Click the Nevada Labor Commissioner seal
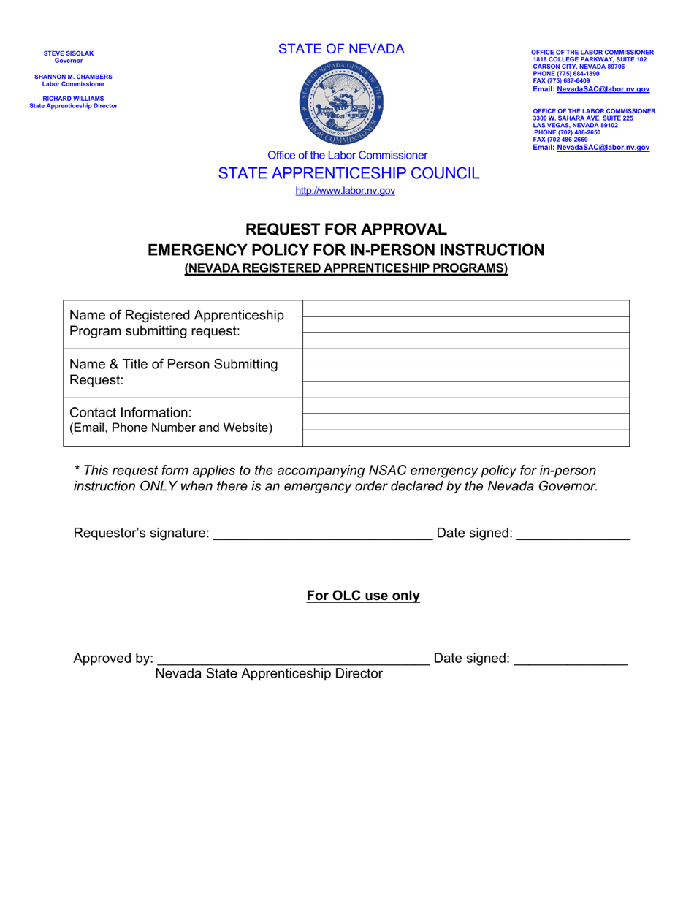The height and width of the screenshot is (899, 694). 340,103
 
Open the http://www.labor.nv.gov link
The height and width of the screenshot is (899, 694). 345,191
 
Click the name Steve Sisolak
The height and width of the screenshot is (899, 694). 69,53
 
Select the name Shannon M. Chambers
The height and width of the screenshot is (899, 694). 73,77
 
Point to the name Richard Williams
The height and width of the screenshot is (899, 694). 73,99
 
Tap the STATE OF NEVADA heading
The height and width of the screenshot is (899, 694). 340,49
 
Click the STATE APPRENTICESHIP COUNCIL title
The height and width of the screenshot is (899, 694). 348,173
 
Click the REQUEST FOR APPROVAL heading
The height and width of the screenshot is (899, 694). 346,230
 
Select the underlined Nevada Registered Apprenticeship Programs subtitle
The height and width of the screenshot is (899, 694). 346,268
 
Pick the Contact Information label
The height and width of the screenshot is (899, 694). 130,413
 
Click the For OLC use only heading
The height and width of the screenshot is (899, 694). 363,596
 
